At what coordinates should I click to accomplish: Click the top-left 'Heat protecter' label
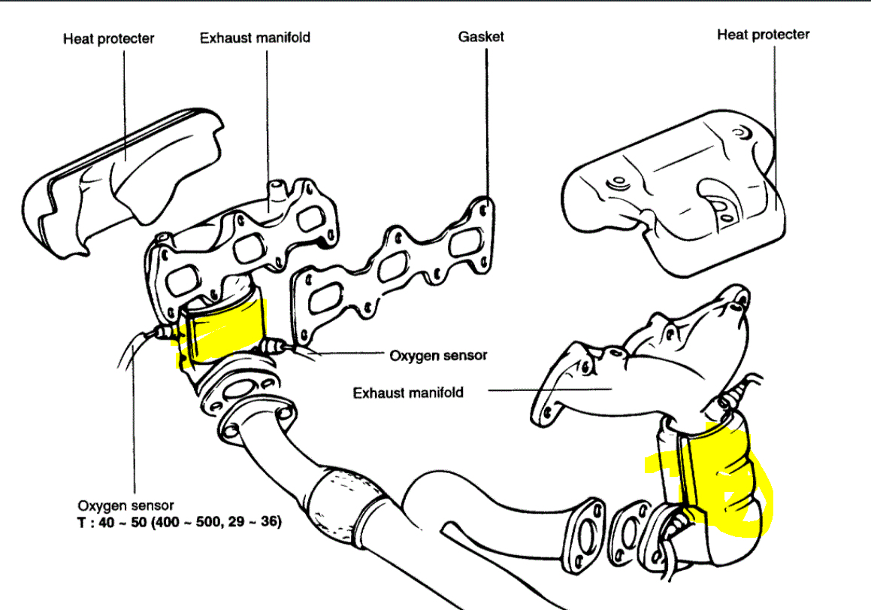[x=108, y=38]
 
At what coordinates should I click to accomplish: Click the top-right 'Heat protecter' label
[x=763, y=35]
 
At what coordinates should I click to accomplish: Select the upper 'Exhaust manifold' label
[x=255, y=38]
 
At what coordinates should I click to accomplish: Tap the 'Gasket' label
[x=481, y=36]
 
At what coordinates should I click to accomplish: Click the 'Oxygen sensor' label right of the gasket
[x=437, y=355]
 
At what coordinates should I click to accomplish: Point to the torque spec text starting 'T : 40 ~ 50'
[x=180, y=520]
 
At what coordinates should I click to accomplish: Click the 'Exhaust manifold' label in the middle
[x=408, y=392]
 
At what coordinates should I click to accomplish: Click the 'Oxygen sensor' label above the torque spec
[x=126, y=505]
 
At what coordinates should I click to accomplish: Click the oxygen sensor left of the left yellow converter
[x=162, y=333]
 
